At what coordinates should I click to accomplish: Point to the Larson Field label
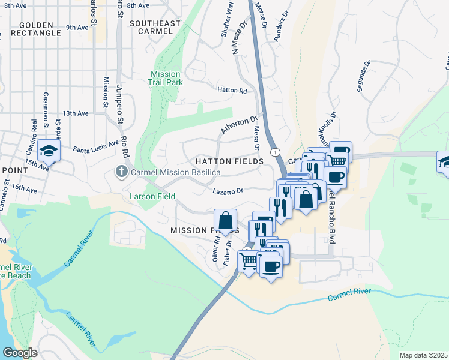[153, 196]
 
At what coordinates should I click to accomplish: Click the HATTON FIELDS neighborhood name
[228, 162]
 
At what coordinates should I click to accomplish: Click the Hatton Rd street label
[232, 91]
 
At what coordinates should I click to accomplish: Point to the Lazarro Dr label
[228, 191]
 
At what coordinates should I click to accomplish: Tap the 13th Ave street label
[76, 113]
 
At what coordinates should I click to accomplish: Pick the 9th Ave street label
[77, 27]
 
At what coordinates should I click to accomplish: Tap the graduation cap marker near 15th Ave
[49, 151]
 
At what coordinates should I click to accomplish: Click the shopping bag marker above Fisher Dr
[226, 220]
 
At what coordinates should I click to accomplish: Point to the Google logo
[20, 353]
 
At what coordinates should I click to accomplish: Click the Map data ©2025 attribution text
[423, 355]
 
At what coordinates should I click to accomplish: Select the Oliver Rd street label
[214, 248]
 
